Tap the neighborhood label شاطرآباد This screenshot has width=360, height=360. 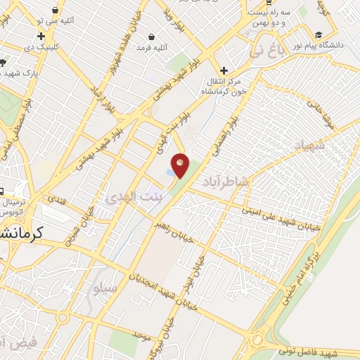(x=225, y=182)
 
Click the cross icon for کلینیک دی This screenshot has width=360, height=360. (x=41, y=37)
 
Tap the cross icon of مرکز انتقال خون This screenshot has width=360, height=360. (x=224, y=70)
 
